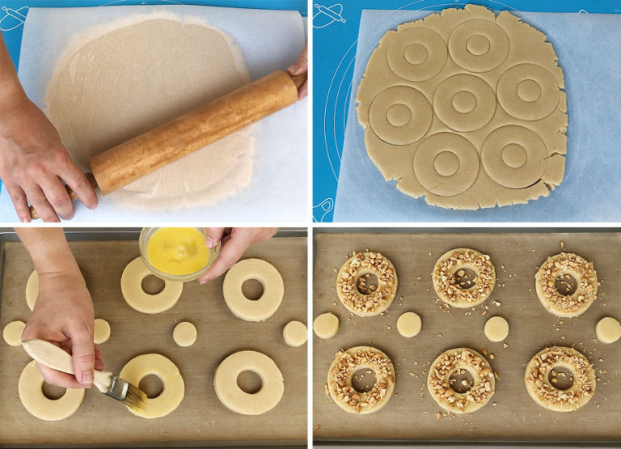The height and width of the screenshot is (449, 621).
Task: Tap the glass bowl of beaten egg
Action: (178, 252)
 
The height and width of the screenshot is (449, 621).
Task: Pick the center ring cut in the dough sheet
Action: (463, 103)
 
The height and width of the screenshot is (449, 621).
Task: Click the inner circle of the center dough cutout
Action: (463, 102)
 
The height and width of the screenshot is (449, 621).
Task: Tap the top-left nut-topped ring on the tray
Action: (366, 282)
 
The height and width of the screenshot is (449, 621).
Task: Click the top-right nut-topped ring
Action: (566, 283)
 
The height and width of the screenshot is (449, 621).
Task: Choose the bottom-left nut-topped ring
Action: (361, 379)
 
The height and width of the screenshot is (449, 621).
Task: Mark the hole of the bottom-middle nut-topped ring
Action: (461, 379)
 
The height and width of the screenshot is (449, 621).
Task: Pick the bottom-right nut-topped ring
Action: (560, 378)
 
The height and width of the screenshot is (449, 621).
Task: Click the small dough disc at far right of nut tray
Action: (607, 329)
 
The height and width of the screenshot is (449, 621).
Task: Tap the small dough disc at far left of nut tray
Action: (326, 325)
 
